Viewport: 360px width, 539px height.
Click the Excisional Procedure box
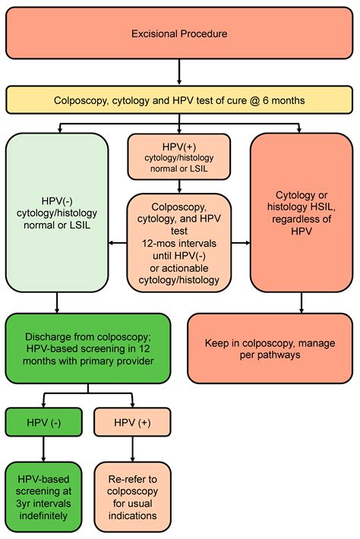click(179, 34)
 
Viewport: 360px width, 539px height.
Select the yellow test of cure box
click(179, 99)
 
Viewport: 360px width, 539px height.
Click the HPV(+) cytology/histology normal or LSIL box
click(179, 156)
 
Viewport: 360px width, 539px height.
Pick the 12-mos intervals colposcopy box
click(179, 244)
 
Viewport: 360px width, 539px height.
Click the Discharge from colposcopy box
click(88, 350)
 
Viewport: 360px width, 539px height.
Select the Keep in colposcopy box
click(270, 350)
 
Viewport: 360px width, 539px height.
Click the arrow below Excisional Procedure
click(179, 75)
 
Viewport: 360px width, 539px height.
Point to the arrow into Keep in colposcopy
click(302, 303)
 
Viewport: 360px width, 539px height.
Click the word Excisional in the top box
click(155, 34)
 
